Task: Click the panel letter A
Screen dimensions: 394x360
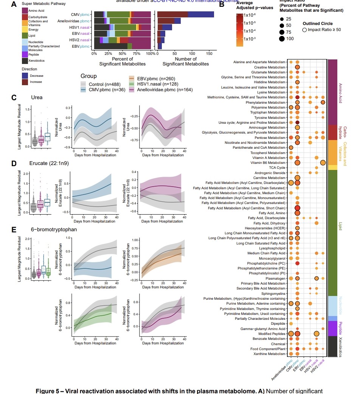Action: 14,5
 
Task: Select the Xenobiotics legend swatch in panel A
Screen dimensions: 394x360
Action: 25,61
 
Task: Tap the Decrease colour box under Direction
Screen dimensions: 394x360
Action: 25,75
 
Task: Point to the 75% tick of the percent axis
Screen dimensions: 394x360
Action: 137,54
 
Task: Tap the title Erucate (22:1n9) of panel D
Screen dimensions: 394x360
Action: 48,164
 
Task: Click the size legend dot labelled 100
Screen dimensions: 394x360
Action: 282,38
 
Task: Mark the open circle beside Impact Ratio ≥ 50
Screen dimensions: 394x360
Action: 305,30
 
